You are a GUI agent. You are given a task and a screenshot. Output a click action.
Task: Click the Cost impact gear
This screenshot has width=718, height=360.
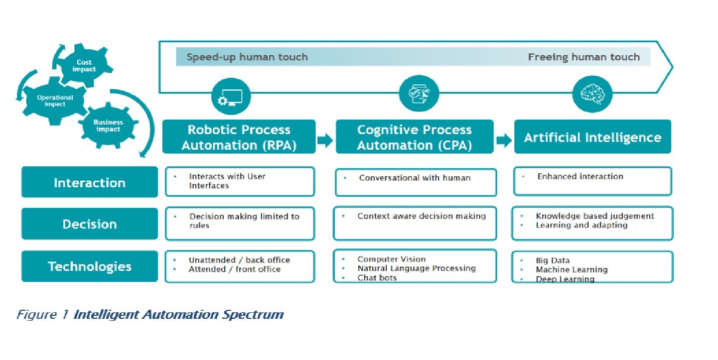(83, 66)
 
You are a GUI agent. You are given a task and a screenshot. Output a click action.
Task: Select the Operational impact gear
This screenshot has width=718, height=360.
(55, 101)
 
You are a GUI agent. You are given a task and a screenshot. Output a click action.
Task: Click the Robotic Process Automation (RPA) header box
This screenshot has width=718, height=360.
(239, 137)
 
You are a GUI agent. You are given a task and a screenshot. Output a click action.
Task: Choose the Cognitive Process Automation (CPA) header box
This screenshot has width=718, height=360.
(414, 137)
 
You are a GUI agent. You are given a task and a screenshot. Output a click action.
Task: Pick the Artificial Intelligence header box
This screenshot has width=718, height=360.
(592, 137)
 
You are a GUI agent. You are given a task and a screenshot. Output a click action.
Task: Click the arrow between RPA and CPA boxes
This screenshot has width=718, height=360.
(325, 141)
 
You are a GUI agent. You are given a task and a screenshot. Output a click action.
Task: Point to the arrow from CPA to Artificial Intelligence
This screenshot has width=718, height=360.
(503, 141)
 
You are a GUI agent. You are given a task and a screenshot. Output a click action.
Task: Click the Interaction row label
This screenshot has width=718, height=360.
(89, 182)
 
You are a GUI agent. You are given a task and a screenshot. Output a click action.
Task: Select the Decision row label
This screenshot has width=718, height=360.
(89, 224)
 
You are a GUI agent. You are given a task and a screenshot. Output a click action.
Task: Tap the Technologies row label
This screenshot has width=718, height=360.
(89, 266)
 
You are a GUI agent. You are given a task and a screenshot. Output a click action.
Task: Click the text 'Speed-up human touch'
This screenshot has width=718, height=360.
(247, 57)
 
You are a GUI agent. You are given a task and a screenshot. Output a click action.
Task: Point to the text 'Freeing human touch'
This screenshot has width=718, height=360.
(584, 57)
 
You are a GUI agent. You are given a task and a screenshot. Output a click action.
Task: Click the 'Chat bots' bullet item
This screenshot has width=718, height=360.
(377, 278)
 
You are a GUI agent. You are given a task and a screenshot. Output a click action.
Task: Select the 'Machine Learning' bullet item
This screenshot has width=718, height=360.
(571, 270)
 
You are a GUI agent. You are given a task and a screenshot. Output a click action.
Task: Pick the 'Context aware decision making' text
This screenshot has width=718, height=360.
(421, 216)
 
